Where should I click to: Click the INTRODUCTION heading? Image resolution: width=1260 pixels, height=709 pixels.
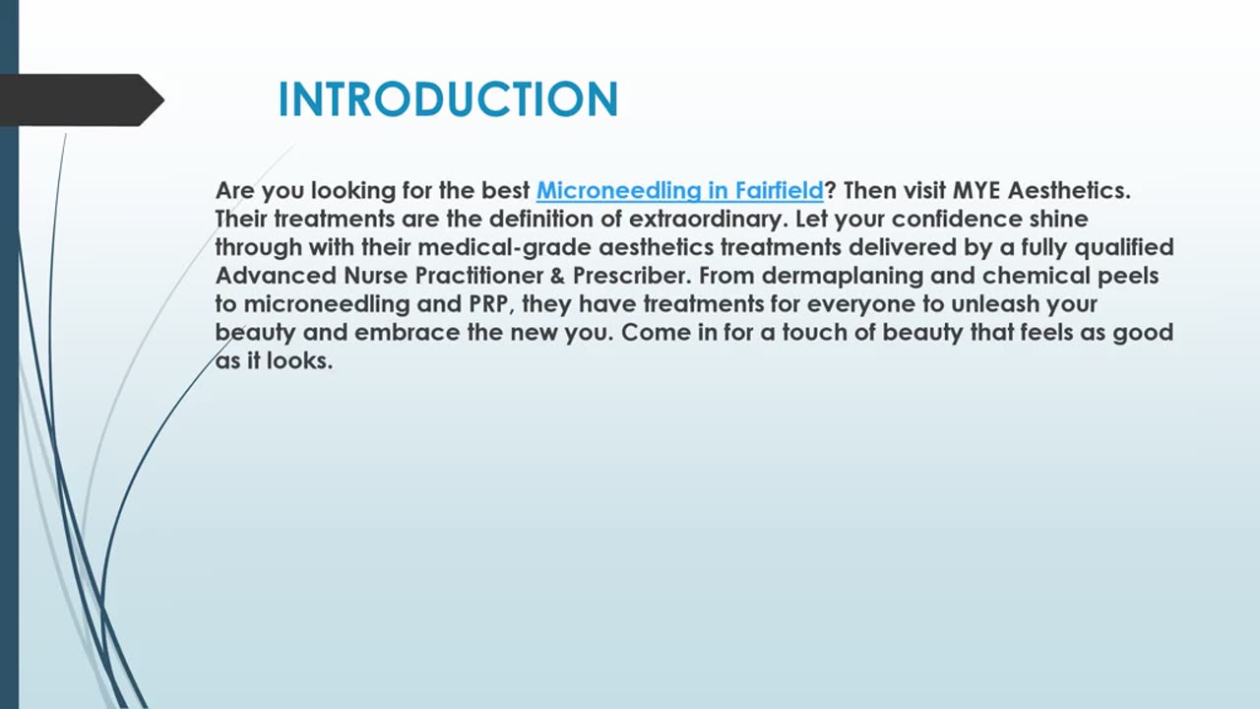tap(448, 99)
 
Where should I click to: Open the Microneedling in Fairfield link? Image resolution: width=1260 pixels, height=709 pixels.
tap(679, 191)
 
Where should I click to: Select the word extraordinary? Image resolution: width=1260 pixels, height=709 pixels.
tap(707, 220)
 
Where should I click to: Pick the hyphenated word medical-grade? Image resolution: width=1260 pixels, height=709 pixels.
tap(505, 248)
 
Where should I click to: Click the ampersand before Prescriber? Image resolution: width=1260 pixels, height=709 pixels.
tap(557, 277)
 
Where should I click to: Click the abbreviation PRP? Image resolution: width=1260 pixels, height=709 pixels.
tap(489, 304)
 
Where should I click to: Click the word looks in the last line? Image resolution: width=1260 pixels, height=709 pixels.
tap(299, 360)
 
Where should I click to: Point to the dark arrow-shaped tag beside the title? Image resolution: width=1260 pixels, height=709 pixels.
tap(82, 100)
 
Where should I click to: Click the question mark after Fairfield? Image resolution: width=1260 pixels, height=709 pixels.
tap(830, 191)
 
